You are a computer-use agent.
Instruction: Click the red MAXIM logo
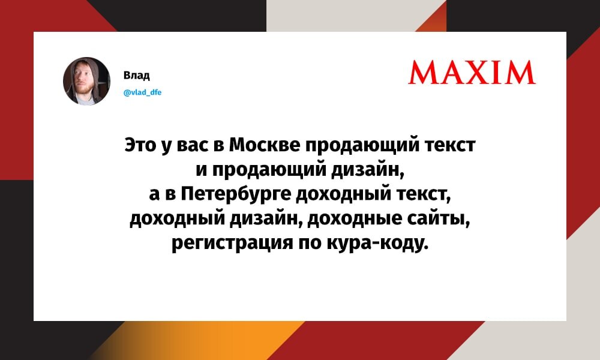point(472,73)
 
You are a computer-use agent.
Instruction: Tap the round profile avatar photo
point(86,81)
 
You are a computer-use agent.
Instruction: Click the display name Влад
point(136,75)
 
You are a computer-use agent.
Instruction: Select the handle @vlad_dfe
point(142,92)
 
